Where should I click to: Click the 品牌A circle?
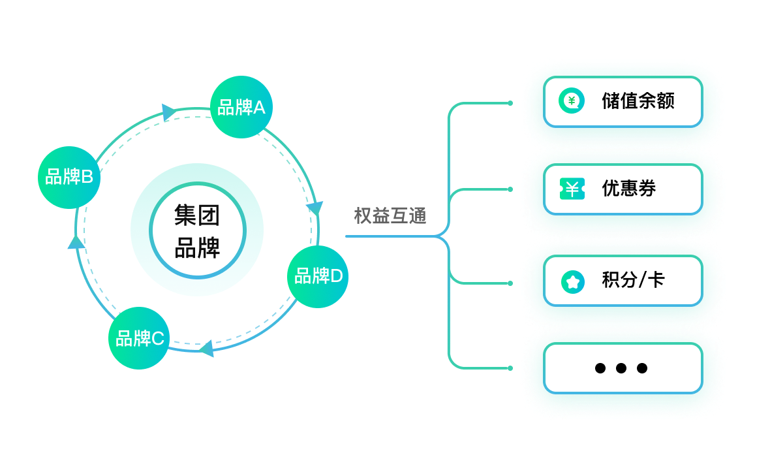[x=241, y=107]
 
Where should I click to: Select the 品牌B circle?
[x=69, y=177]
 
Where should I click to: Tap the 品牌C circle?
[x=139, y=338]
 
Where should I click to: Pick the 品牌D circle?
[x=318, y=277]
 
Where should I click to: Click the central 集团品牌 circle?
[x=197, y=230]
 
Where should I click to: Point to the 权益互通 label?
[x=390, y=215]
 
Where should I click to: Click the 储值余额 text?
[x=638, y=101]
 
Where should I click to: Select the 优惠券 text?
[x=629, y=189]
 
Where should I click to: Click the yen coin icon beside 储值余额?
[x=572, y=101]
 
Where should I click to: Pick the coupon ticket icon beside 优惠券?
[x=572, y=189]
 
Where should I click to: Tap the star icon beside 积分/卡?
[x=572, y=281]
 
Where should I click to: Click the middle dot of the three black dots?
[x=621, y=368]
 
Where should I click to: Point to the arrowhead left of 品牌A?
[x=169, y=112]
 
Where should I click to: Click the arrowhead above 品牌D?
[x=315, y=209]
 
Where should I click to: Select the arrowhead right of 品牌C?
[x=207, y=348]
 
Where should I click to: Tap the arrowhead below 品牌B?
[x=76, y=243]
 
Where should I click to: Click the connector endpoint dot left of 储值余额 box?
[x=510, y=102]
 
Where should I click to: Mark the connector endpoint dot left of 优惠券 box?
[x=510, y=189]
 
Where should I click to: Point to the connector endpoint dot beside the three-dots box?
[x=510, y=368]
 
